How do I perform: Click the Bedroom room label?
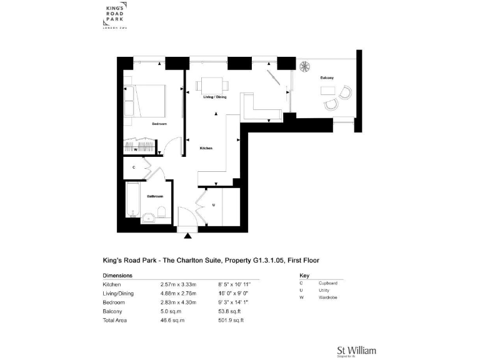[159, 124]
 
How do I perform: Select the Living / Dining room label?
[214, 97]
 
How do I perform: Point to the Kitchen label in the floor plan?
[206, 148]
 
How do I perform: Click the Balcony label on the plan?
[327, 77]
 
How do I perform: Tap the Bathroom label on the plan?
[154, 196]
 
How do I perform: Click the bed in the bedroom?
[145, 101]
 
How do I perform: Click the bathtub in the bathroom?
[133, 202]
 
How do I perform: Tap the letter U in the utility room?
[214, 204]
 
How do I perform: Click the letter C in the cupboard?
[134, 167]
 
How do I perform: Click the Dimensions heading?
[117, 275]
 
